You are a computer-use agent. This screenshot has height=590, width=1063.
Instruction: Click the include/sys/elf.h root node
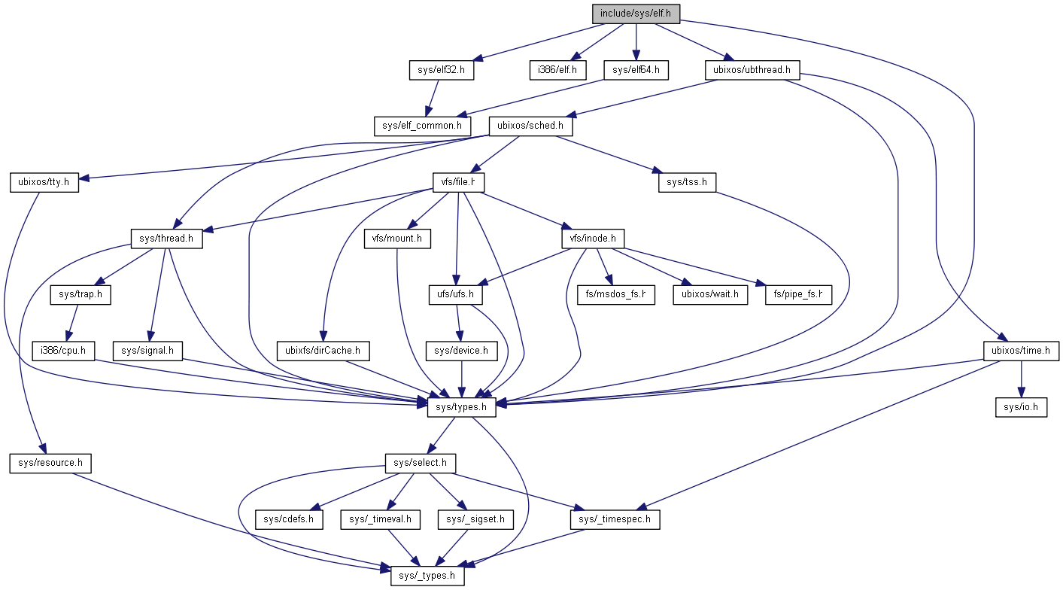(x=636, y=13)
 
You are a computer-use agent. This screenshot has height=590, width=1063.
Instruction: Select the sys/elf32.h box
(x=436, y=71)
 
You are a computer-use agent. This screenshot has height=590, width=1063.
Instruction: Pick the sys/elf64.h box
(x=636, y=71)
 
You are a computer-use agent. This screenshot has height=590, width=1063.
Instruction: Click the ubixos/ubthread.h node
(x=752, y=71)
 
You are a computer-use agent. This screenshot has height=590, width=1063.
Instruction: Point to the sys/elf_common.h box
(x=422, y=125)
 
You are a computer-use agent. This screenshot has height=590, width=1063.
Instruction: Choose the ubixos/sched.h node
(x=530, y=125)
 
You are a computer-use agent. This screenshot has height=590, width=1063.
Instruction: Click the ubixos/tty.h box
(x=44, y=182)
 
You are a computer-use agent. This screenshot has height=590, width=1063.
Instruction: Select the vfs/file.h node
(x=457, y=182)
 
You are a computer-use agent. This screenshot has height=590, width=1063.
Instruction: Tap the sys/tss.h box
(x=687, y=182)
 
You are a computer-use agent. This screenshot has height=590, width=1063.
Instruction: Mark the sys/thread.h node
(x=167, y=239)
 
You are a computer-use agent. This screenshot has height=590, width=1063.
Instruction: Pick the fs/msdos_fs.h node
(x=616, y=294)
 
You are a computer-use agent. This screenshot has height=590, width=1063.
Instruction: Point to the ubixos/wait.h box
(x=710, y=294)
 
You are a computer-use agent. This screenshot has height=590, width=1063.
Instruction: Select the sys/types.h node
(x=462, y=407)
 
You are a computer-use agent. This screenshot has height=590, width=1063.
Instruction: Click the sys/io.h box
(x=1021, y=407)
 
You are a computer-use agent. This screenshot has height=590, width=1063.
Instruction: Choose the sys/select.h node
(x=420, y=462)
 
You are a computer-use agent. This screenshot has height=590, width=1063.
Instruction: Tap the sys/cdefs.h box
(x=289, y=519)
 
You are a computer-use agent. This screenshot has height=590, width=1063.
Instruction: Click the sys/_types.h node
(x=427, y=576)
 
